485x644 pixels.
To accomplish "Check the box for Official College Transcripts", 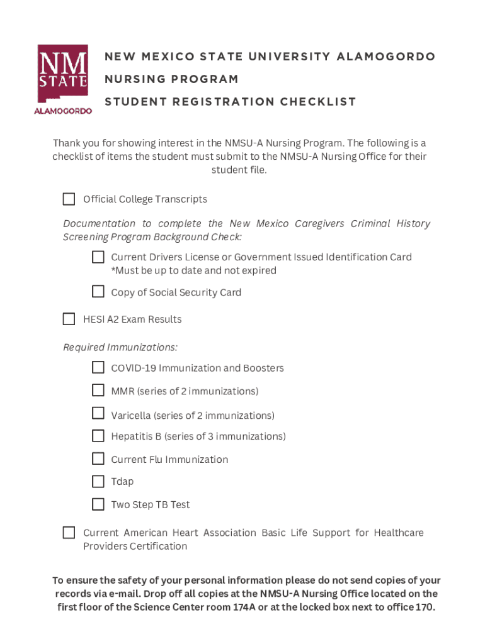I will (x=69, y=199).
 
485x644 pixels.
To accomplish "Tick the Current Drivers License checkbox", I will (x=98, y=257).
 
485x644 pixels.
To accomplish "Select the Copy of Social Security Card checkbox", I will (x=98, y=292).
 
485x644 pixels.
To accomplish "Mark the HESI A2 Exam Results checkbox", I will (x=69, y=319).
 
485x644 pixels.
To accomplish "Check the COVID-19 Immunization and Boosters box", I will (x=98, y=367).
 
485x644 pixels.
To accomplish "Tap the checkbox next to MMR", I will (x=98, y=391).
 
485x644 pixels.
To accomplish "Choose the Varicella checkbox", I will (x=98, y=414).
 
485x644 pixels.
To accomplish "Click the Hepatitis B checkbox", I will (x=98, y=436).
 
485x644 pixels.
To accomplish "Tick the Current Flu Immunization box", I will (x=98, y=458).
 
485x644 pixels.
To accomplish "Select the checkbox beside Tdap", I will (x=98, y=482).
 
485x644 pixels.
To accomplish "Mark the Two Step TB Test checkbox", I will (x=98, y=504).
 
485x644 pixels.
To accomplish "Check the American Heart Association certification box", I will (x=69, y=533).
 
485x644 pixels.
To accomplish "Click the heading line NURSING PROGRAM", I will (x=171, y=79).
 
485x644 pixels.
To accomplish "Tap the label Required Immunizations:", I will (x=120, y=348).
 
